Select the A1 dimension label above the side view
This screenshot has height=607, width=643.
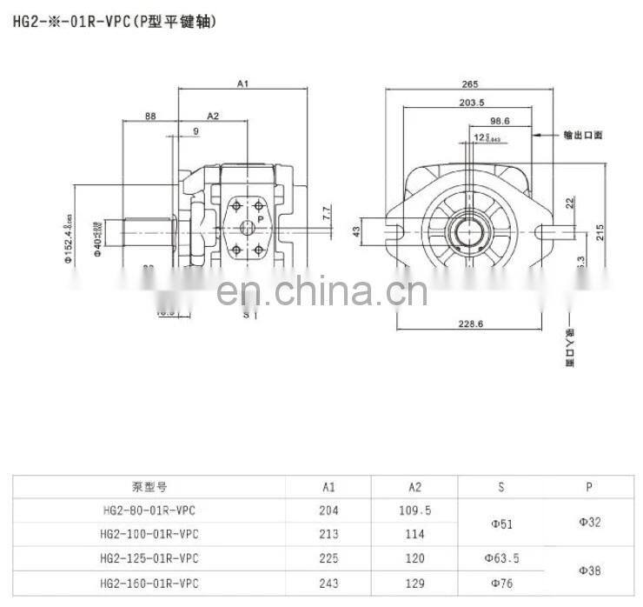coord(243,84)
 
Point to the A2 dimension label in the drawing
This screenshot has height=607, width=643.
coord(213,116)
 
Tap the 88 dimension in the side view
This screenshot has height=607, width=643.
coord(150,116)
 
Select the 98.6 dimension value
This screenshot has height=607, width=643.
coord(500,122)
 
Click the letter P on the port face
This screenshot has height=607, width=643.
coord(260,221)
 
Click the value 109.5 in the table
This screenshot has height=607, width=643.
coord(415,510)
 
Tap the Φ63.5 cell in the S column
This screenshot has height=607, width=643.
coord(501,557)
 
